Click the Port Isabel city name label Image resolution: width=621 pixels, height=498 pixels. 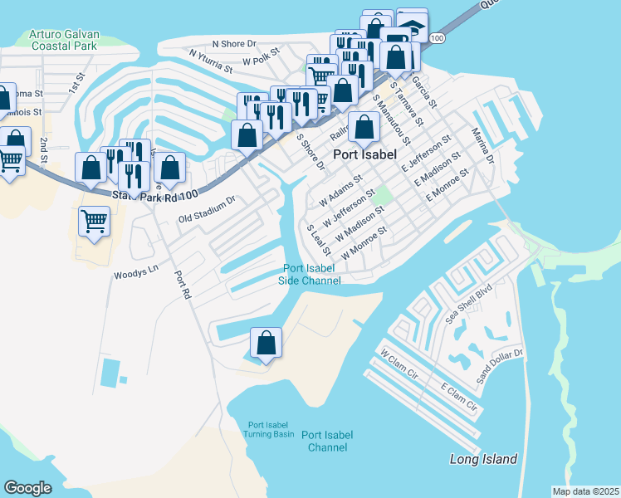pos(368,154)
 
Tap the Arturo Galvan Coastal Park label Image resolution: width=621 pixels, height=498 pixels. pos(64,41)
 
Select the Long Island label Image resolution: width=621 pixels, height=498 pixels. pos(483,459)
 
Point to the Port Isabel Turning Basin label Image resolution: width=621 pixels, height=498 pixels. pos(269,428)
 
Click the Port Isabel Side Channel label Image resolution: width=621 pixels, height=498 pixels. pos(311,274)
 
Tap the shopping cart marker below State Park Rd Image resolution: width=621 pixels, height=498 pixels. pos(95,222)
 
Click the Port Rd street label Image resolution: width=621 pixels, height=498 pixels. pos(183,283)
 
